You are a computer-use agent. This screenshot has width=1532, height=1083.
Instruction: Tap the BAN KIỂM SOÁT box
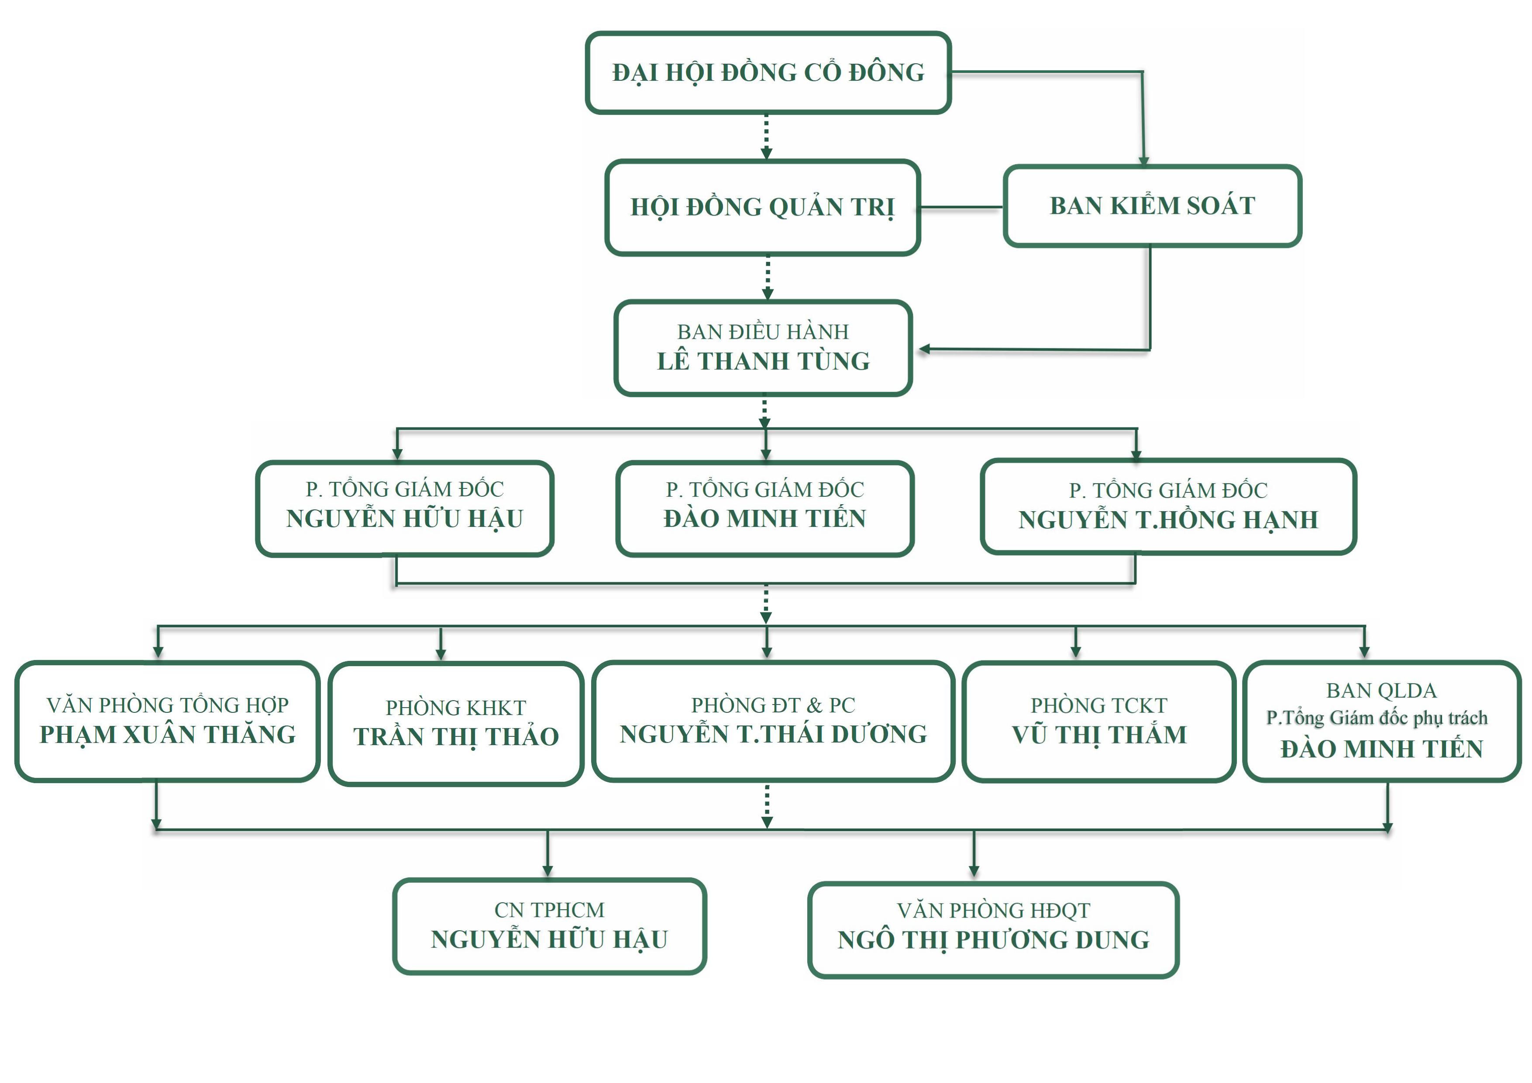tap(1152, 206)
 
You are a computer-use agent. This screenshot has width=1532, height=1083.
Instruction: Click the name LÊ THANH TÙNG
tap(763, 361)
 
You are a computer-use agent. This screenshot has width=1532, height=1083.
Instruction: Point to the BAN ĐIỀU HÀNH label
tap(763, 332)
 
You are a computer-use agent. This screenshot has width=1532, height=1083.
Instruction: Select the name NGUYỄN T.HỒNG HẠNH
tap(1168, 520)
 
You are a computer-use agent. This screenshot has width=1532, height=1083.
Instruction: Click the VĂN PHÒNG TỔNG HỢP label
tap(168, 705)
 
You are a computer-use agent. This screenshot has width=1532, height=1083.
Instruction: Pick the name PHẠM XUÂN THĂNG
tap(168, 734)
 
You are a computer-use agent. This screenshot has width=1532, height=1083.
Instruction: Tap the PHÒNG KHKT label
tap(456, 707)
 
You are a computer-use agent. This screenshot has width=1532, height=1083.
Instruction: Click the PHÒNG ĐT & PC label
tap(773, 705)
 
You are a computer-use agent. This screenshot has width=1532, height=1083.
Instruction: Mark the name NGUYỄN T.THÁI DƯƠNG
tap(773, 734)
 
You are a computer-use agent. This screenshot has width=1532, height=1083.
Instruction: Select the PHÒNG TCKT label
tap(1099, 705)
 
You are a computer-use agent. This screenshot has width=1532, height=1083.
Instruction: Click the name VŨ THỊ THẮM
tap(1099, 735)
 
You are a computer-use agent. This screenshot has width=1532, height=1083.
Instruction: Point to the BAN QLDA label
tap(1381, 690)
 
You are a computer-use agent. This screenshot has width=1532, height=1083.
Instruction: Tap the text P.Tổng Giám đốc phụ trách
tap(1377, 718)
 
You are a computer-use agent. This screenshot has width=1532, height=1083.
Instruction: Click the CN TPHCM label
tap(549, 910)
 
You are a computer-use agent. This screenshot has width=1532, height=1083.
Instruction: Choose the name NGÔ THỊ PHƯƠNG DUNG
tap(993, 939)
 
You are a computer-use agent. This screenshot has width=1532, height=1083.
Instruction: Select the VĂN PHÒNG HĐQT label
tap(993, 910)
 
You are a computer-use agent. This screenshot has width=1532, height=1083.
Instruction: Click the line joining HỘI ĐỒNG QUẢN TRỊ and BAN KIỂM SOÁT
tap(961, 209)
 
